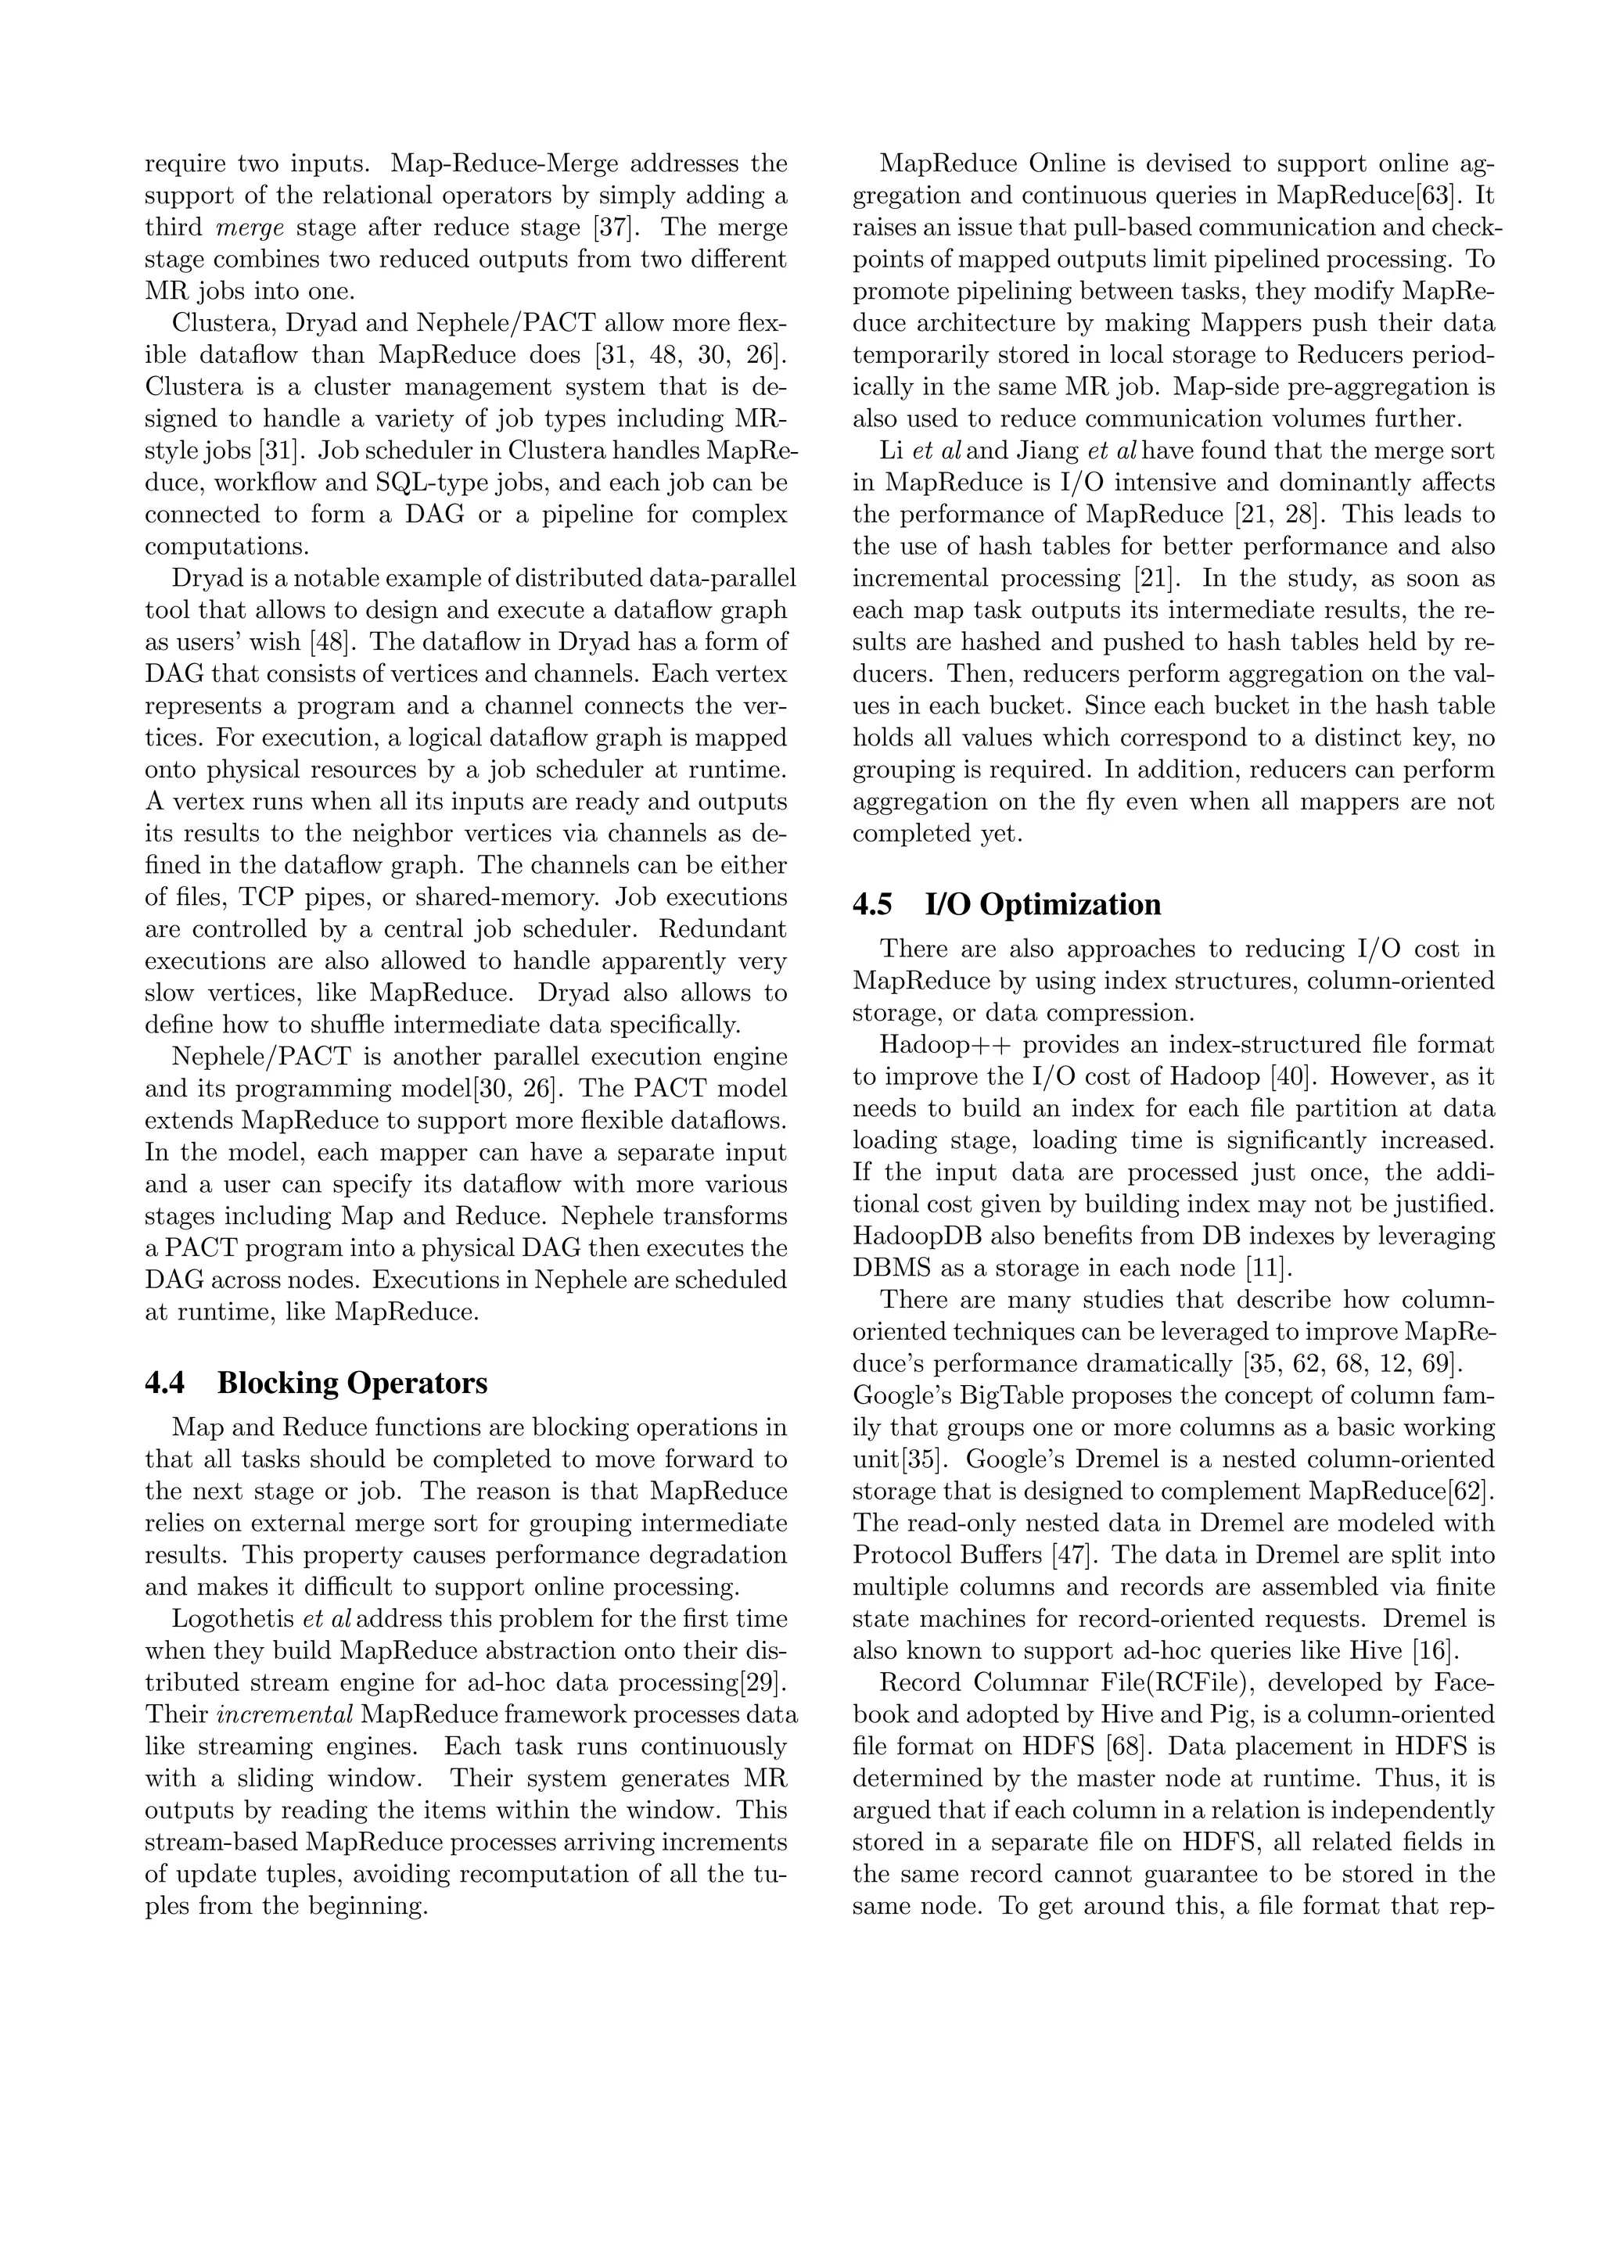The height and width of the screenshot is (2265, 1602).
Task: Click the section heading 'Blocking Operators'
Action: click(352, 1383)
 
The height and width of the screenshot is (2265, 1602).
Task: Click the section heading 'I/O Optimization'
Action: click(1043, 905)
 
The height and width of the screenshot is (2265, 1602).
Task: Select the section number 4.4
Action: click(165, 1383)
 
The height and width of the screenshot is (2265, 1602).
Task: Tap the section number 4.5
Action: click(872, 905)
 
